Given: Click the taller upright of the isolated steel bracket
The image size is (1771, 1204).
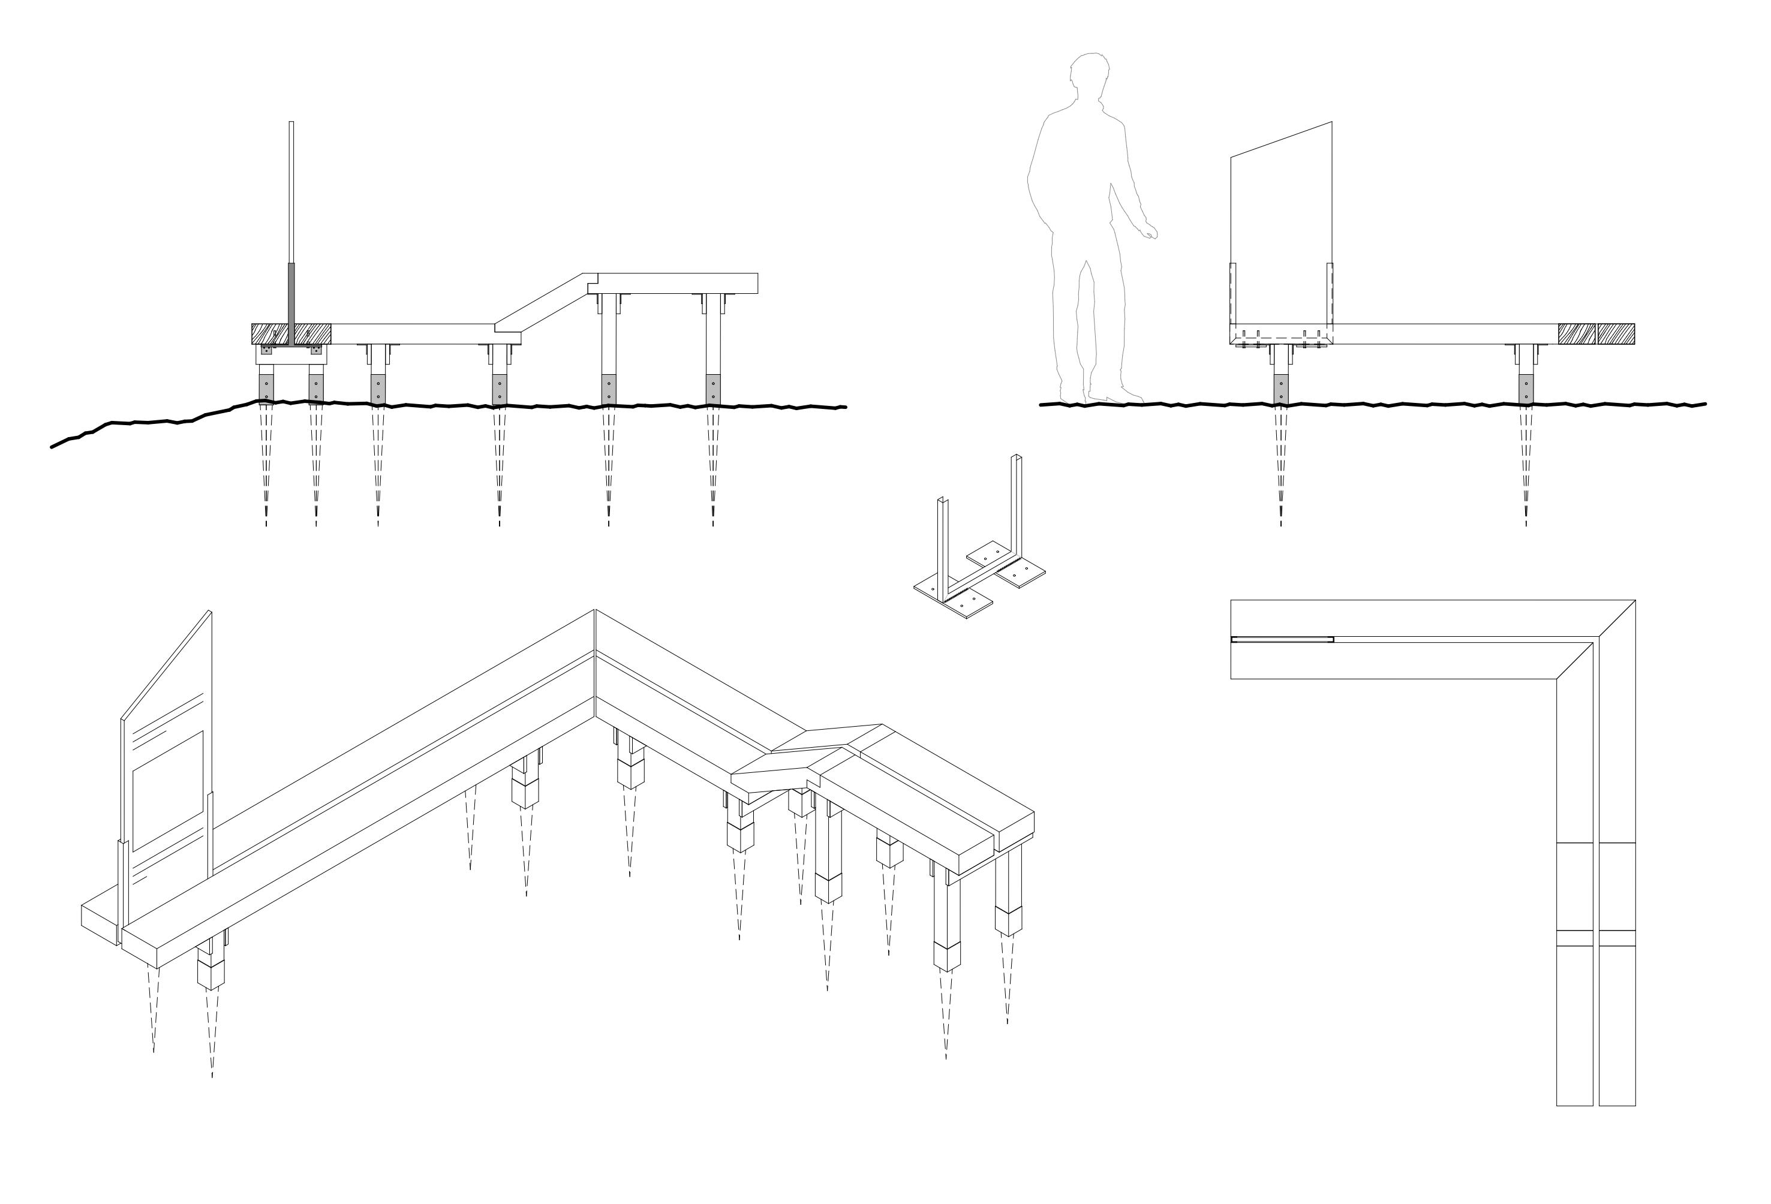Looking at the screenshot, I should coord(1016,510).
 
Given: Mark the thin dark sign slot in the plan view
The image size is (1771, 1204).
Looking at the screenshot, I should coord(1282,639).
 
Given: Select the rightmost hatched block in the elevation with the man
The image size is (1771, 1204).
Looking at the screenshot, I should coord(1616,334).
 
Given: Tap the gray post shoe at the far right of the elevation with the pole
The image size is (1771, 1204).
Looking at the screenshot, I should coord(713,388).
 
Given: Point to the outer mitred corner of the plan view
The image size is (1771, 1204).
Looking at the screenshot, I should coord(1634,602).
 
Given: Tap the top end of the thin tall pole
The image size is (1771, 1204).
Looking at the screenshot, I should coord(291,124).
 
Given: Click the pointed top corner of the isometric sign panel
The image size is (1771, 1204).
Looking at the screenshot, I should coord(211,612).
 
